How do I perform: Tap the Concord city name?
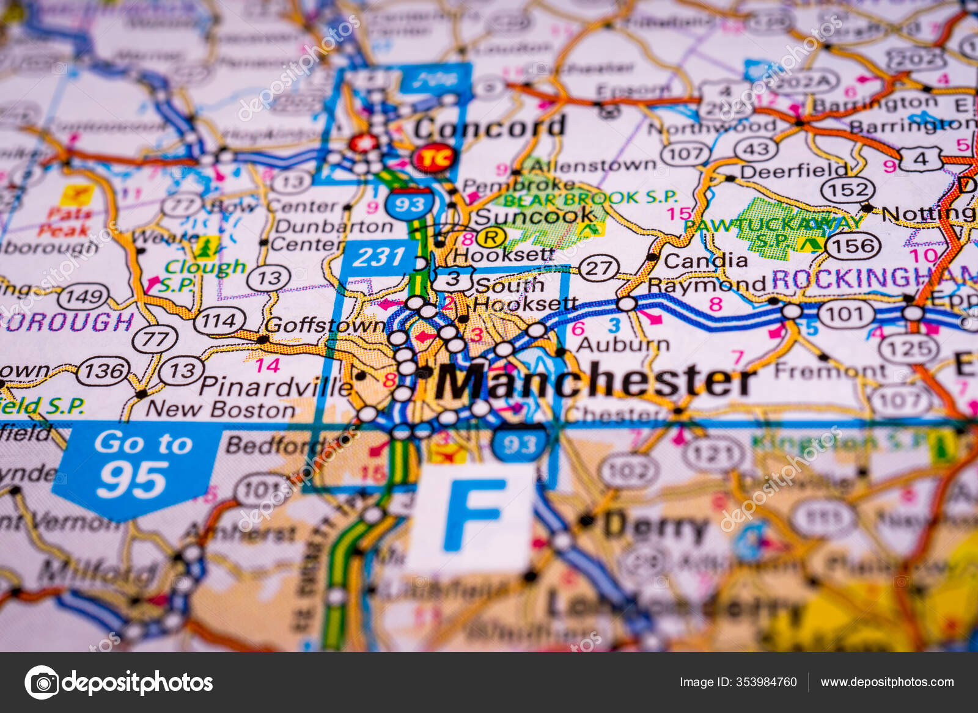pos(489,128)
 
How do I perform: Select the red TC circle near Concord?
pos(434,158)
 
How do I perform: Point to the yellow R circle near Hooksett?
pos(491,237)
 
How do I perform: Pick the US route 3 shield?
pos(452,279)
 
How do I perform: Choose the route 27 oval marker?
pos(599,268)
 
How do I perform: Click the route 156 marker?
pos(853,246)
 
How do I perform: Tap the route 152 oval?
pos(848,190)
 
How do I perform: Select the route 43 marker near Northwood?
pos(756,149)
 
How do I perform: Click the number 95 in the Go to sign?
pos(133,480)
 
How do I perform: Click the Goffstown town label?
pos(325,326)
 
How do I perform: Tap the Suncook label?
pos(534,216)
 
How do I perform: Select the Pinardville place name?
pos(276,386)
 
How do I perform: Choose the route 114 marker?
pos(219,320)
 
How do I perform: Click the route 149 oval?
pos(84,297)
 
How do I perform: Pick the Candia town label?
pos(705,261)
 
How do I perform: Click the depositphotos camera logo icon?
pos(42,682)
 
